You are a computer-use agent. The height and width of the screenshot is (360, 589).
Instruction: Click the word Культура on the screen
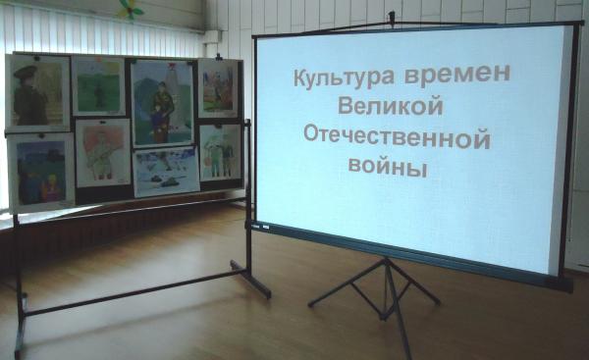[x=344, y=76]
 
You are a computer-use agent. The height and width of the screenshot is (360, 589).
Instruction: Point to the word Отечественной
[x=397, y=137]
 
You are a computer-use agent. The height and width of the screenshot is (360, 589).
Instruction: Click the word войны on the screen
[x=388, y=166]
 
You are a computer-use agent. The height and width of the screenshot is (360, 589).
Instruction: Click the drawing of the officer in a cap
[x=37, y=93]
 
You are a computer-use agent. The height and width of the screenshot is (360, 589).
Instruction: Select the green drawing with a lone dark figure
[x=98, y=86]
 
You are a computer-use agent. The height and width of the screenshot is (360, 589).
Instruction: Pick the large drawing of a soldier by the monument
[x=162, y=103]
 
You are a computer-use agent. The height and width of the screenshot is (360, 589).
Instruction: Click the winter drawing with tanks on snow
[x=167, y=172]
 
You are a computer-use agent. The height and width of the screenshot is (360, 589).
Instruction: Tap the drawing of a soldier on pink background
[x=103, y=152]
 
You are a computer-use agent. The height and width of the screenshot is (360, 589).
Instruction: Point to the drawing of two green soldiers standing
[x=221, y=153]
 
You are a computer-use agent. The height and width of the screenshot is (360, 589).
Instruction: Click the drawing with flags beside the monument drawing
[x=218, y=88]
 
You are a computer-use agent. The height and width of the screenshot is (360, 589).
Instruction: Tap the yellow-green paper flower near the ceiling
[x=131, y=9]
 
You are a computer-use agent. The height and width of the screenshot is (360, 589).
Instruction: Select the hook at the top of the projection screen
[x=392, y=18]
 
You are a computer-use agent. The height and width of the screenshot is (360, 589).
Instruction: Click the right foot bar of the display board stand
[x=250, y=280]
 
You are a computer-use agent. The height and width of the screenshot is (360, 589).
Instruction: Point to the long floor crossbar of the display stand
[x=134, y=292]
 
